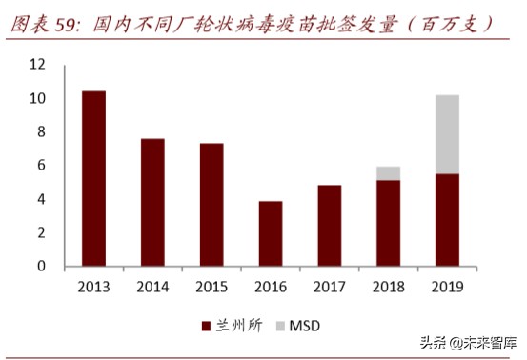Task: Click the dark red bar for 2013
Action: [x=93, y=179]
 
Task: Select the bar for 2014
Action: [x=152, y=203]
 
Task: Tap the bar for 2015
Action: [x=212, y=205]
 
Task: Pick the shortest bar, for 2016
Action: [x=271, y=234]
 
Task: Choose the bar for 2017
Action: [x=329, y=226]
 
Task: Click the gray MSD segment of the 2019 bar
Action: [x=447, y=134]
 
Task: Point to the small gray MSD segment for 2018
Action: [x=388, y=173]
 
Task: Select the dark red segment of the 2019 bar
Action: [x=447, y=220]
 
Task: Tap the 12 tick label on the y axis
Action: [x=37, y=65]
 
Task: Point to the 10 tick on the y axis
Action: [x=37, y=99]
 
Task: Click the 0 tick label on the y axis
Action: [x=41, y=267]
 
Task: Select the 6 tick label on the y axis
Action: [x=41, y=166]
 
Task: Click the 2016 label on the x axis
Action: [x=271, y=286]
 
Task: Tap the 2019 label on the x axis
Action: [x=447, y=286]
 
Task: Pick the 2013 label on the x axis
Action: [x=93, y=286]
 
